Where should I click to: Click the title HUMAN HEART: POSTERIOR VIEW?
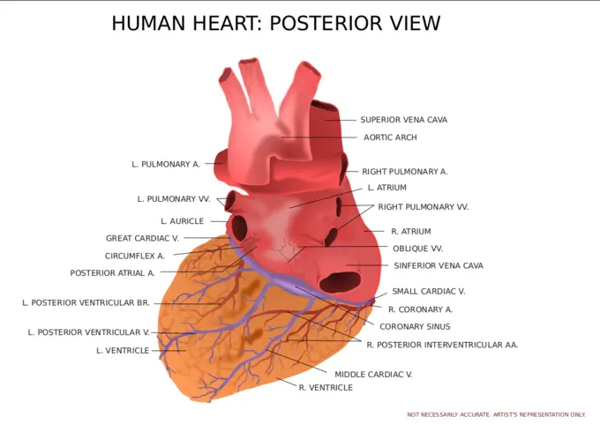pos(275,24)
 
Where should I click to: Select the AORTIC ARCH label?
pos(390,138)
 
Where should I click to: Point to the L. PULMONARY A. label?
pos(166,164)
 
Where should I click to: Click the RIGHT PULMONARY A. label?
pos(405,172)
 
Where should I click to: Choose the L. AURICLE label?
pos(182,221)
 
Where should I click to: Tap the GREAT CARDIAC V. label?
pos(142,238)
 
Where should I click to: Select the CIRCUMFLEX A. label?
pos(134,256)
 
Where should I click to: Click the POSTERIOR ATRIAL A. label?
pos(112,273)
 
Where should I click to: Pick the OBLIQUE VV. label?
pos(417,249)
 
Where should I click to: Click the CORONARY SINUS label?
pos(415,326)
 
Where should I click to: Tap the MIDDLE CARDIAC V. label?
pos(373,375)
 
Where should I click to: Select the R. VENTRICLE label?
pos(326,388)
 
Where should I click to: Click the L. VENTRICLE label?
pos(122,351)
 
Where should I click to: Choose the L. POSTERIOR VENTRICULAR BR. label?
pos(86,302)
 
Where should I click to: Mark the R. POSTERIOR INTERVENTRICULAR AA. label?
pos(442,345)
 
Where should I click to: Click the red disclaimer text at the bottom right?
pos(496,414)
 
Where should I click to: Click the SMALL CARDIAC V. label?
pos(429,291)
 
